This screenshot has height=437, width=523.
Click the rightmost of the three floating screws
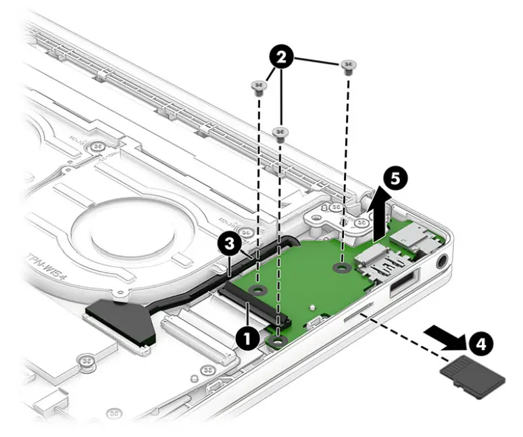coord(349,65)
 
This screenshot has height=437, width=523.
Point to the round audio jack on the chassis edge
coord(443,262)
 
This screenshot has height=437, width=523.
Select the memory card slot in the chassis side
coord(357,311)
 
